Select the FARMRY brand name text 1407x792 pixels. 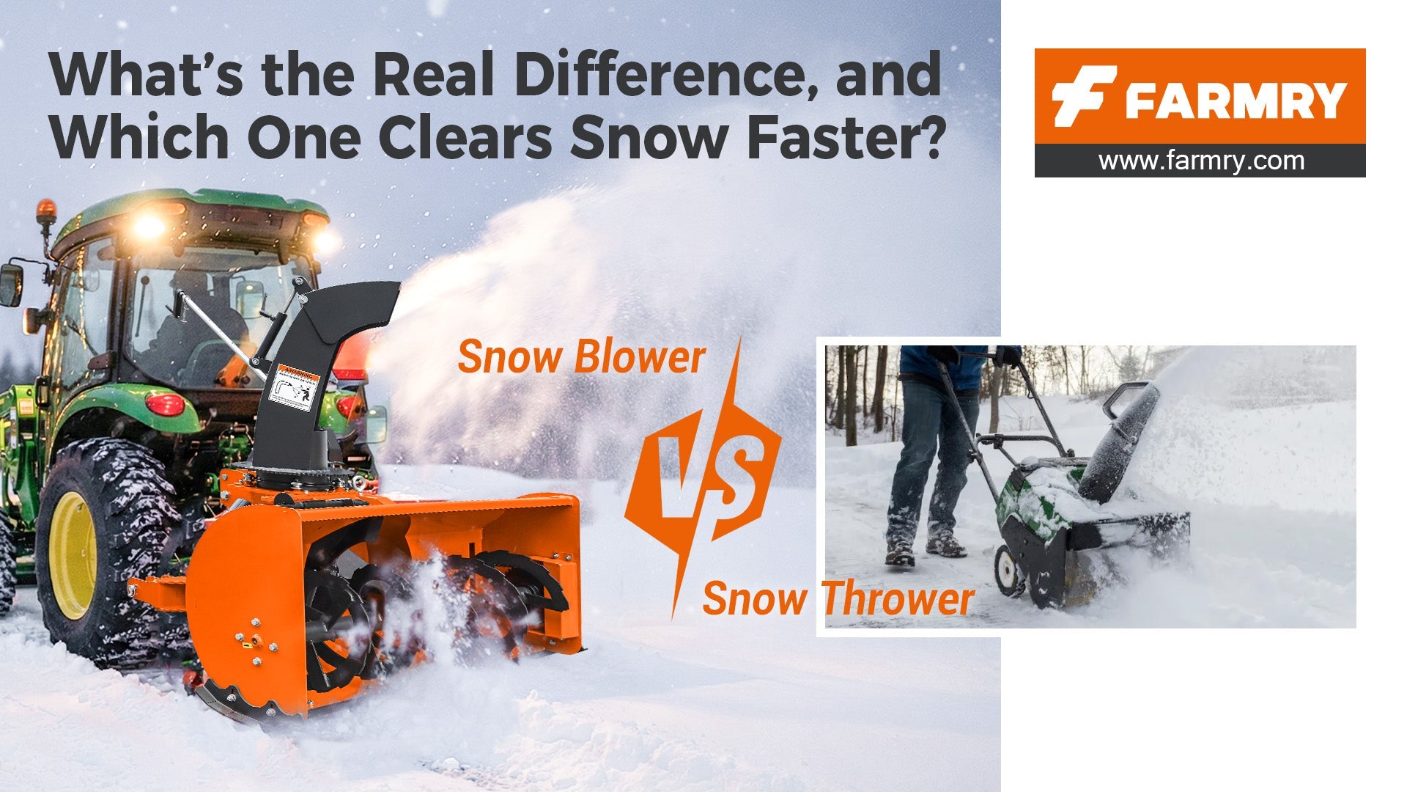coord(1236,100)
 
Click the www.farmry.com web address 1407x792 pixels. coord(1201,161)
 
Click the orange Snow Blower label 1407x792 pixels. coord(580,357)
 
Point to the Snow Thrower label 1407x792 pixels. coord(838,599)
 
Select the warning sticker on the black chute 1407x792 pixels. coord(298,386)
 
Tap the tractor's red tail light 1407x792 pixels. coord(165,404)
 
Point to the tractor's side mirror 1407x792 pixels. coord(11,285)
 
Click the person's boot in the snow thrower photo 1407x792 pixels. coord(901,553)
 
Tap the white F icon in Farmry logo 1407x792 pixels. coord(1082,95)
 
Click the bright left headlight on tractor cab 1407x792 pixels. coord(149,227)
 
